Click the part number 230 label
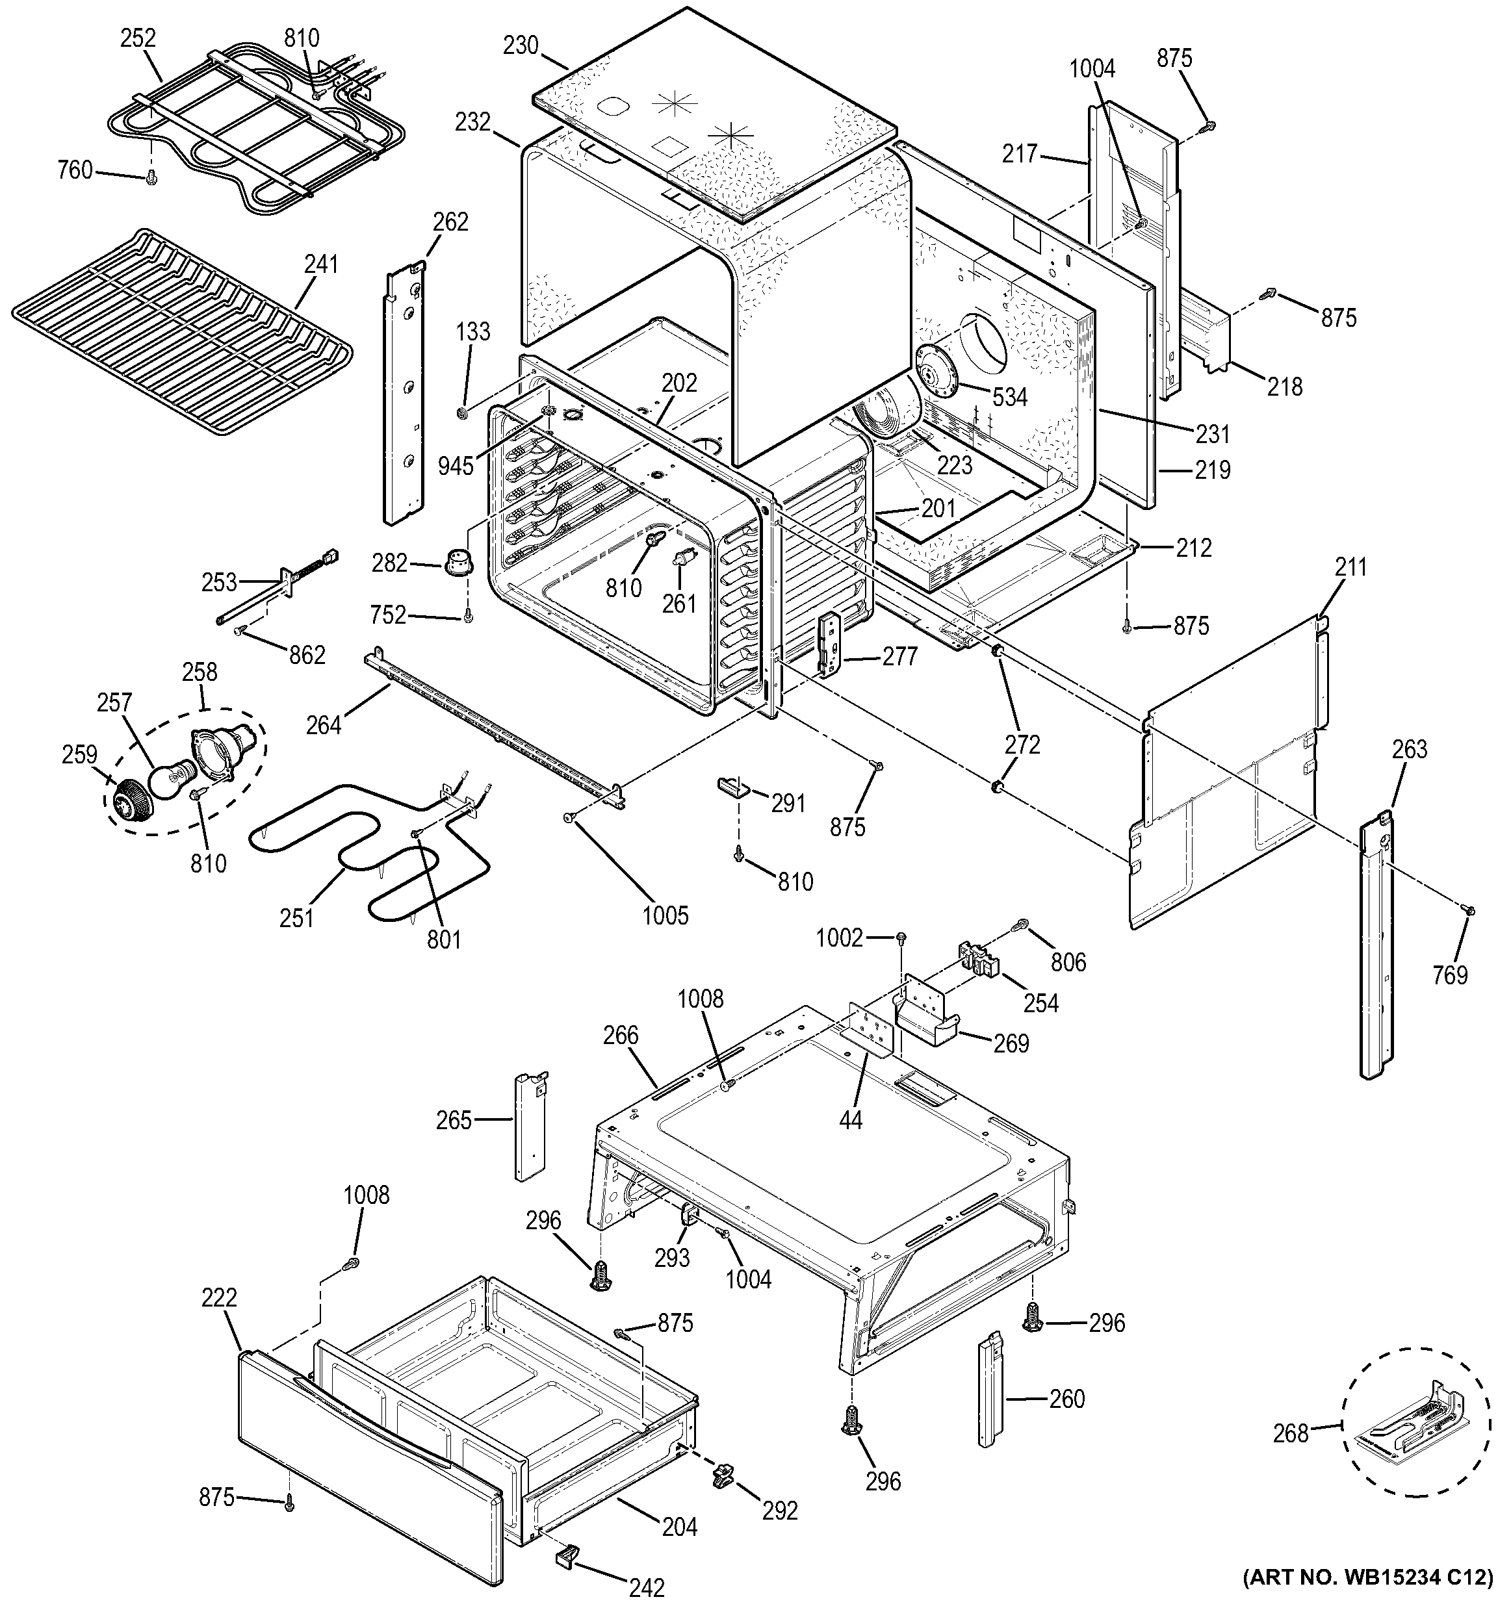click(x=520, y=45)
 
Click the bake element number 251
click(x=297, y=918)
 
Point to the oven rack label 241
click(x=321, y=264)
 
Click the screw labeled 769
click(x=1471, y=911)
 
